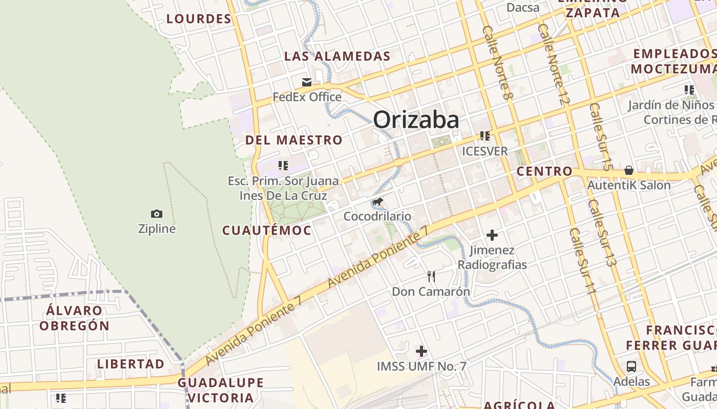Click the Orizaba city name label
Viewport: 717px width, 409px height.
[x=416, y=120]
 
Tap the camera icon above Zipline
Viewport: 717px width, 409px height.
[x=157, y=214]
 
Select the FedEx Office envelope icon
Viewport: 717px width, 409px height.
[x=307, y=82]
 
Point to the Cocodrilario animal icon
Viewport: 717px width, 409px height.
[x=377, y=201]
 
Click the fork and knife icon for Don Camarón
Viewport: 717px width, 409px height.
[x=431, y=277]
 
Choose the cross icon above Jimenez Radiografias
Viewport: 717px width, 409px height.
[x=492, y=235]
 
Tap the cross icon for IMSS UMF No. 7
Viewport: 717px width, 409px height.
[x=421, y=351]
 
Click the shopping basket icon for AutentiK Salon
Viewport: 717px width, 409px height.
[x=629, y=170]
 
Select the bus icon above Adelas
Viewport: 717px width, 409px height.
[x=631, y=367]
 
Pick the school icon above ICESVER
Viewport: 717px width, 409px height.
[x=485, y=136]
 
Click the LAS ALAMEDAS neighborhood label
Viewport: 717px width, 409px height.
[x=337, y=56]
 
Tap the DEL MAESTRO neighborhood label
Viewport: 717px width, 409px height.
[x=293, y=140]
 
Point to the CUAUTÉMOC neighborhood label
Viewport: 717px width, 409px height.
[x=266, y=231]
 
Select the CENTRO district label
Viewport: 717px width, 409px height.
[x=544, y=171]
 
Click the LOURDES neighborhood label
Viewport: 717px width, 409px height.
[x=199, y=19]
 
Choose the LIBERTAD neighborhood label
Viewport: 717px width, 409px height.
[x=131, y=364]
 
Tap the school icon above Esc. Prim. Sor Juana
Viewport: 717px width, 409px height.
[x=283, y=166]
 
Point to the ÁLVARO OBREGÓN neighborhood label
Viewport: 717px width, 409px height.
[x=74, y=318]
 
